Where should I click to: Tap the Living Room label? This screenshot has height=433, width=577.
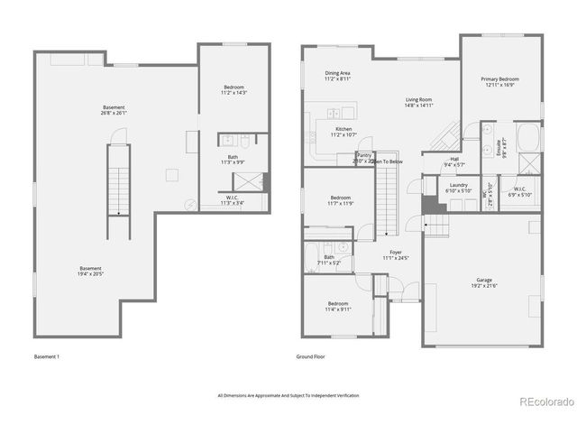coord(418,103)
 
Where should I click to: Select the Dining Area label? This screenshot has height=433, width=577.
coord(338,76)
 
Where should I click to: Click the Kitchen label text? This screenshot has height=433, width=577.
coord(343,132)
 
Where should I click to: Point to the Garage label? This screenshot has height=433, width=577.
coord(483,282)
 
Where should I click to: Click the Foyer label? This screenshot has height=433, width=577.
coord(396,255)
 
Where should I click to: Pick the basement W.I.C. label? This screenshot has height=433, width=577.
coord(233,200)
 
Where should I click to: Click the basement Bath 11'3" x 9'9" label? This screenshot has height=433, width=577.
coord(233,160)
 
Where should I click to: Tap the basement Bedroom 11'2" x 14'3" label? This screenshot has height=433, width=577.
coord(234,89)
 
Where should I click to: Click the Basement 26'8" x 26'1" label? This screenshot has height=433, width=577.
coord(114,110)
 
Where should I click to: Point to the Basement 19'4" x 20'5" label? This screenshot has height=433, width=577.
coord(90,271)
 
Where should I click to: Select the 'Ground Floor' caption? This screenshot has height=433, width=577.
coord(310,356)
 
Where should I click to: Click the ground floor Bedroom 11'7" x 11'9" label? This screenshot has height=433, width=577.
coord(340,200)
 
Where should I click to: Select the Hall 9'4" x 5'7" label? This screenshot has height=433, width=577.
coord(454,162)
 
